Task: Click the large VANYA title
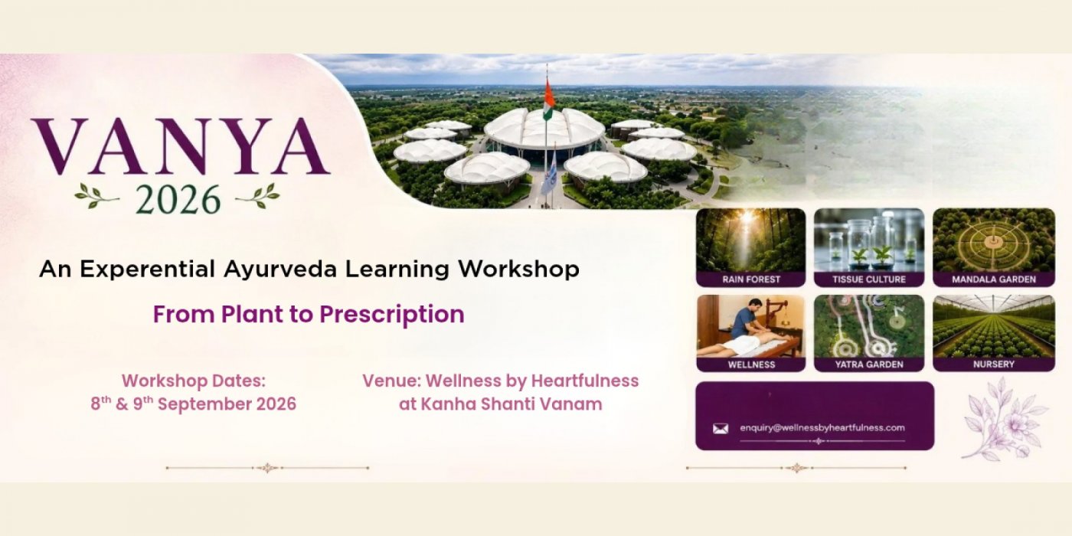(181, 146)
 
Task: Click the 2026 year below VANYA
(178, 200)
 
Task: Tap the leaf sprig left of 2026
(96, 196)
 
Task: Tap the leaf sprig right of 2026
(257, 196)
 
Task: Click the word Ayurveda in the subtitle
(280, 270)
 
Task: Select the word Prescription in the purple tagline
(392, 315)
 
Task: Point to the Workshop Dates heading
(193, 381)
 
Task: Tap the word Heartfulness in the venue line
(585, 381)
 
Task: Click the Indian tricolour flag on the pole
(549, 100)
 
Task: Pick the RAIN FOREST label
(751, 279)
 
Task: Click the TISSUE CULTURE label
(869, 279)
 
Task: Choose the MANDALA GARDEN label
(994, 279)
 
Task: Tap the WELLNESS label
(751, 364)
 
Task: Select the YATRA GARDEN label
(869, 364)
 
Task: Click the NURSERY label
(994, 364)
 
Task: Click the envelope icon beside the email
(721, 428)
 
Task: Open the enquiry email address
(822, 428)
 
